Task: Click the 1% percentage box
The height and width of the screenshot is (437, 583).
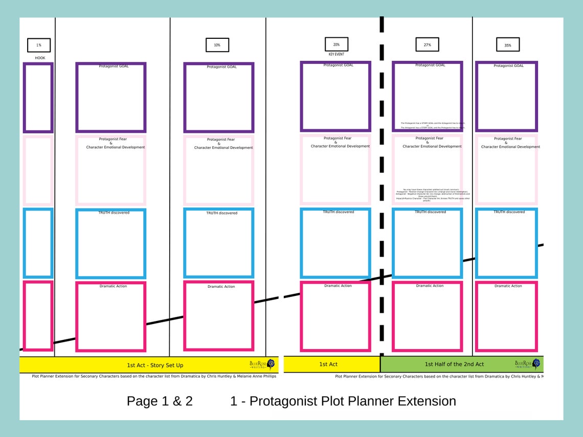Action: click(39, 45)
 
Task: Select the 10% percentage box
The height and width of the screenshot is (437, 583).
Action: click(217, 45)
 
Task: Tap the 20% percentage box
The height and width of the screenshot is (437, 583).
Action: click(337, 44)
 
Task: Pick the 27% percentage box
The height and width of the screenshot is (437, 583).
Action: click(428, 44)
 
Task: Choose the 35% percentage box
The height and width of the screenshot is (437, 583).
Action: click(508, 45)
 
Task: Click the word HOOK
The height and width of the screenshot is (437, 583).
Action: click(40, 58)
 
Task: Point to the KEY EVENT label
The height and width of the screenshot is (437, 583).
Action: click(336, 54)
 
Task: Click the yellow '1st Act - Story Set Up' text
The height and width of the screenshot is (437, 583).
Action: click(155, 365)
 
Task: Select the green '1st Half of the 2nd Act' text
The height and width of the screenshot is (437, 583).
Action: click(454, 364)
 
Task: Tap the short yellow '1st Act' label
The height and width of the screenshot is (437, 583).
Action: click(328, 364)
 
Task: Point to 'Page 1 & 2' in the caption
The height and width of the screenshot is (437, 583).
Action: click(160, 401)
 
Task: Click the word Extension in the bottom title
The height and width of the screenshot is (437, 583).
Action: click(421, 401)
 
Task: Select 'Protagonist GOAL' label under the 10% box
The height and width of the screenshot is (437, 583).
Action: click(221, 67)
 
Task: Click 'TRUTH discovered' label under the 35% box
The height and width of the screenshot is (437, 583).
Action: click(509, 212)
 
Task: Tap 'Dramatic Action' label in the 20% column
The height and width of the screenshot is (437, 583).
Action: click(338, 286)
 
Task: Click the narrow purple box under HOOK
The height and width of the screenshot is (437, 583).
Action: click(38, 97)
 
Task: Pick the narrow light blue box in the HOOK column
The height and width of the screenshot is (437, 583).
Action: click(38, 243)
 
